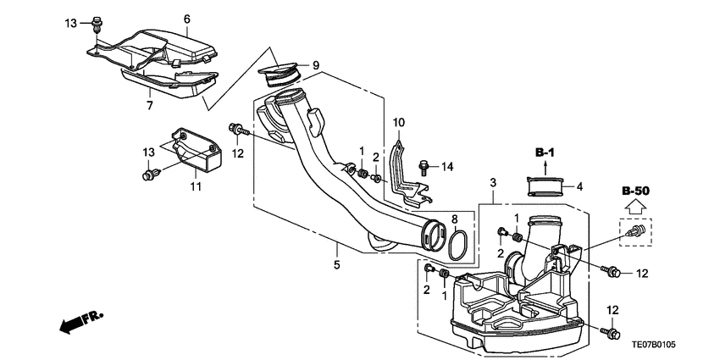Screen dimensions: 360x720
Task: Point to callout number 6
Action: pyautogui.click(x=186, y=19)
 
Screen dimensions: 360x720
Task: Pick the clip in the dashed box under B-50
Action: pyautogui.click(x=638, y=230)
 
